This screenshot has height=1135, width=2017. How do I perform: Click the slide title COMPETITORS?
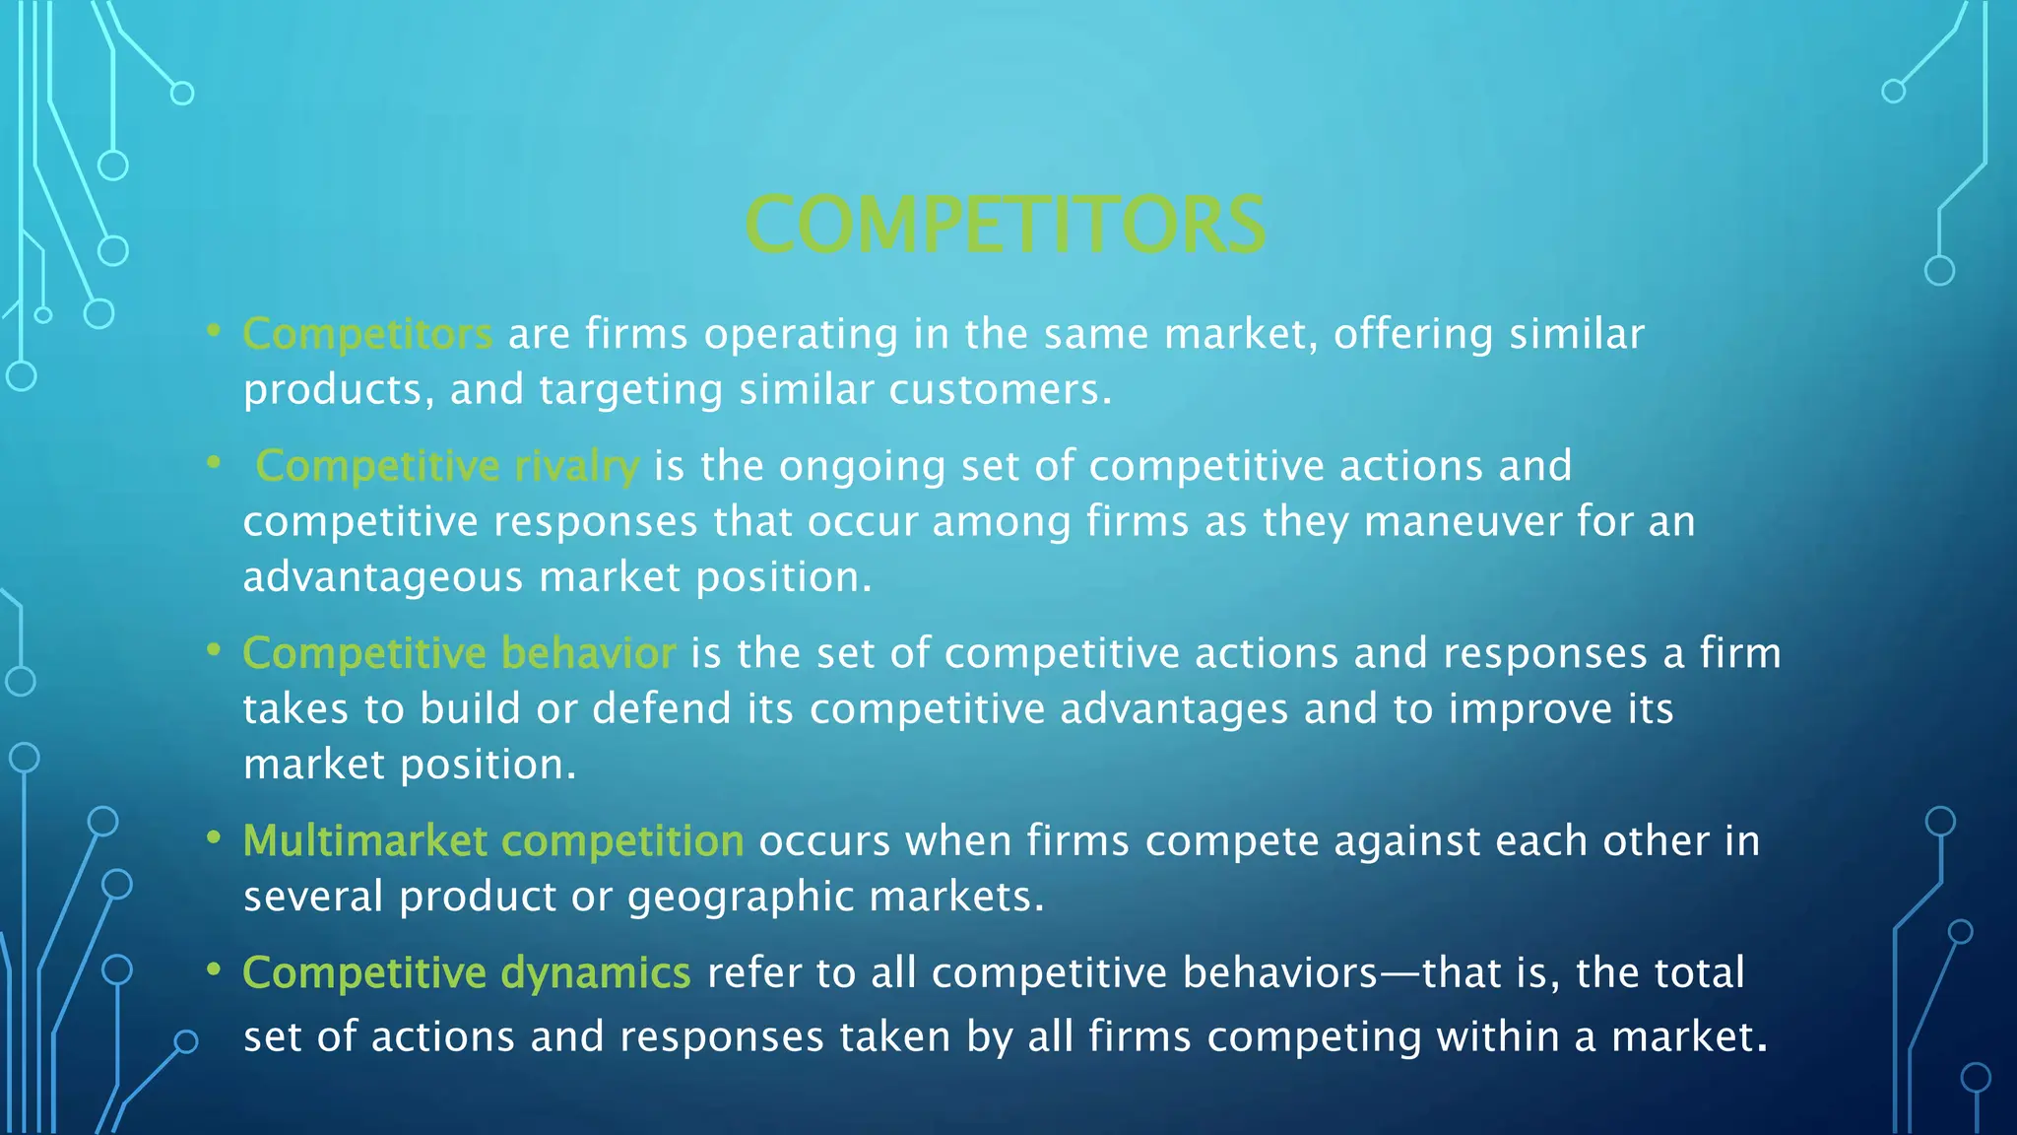click(x=1005, y=225)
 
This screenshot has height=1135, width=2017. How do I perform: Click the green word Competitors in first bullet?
click(x=367, y=334)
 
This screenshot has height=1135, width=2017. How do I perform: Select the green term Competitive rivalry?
click(x=447, y=466)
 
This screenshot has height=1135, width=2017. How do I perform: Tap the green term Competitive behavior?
click(x=459, y=653)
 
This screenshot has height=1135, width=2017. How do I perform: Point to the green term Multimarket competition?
click(x=492, y=841)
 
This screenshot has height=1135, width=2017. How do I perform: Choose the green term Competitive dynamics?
click(x=467, y=973)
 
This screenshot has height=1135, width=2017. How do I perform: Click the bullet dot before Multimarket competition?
click(x=213, y=838)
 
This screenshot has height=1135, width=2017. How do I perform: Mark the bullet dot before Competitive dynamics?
click(x=213, y=970)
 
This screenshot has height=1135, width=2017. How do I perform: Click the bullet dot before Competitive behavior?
click(x=213, y=650)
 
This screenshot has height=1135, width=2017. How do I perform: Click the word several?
click(x=313, y=898)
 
